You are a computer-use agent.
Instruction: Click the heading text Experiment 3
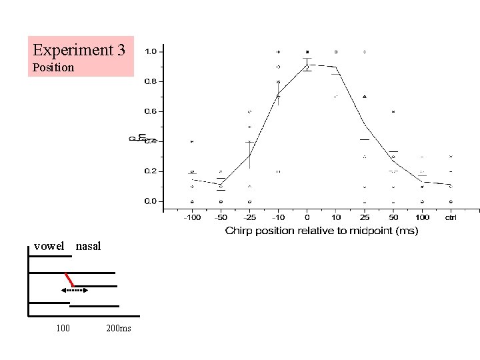tap(79, 50)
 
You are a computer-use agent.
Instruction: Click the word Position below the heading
tap(53, 67)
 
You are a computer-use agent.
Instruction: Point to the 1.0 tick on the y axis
tap(151, 51)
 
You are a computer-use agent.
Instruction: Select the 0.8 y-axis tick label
tap(151, 81)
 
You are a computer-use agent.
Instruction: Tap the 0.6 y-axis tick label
tap(151, 111)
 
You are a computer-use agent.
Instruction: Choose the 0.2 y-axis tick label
tap(151, 171)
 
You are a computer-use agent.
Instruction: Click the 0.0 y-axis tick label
tap(151, 201)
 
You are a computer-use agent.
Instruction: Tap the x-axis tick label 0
tap(307, 218)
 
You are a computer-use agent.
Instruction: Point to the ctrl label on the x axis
tap(451, 218)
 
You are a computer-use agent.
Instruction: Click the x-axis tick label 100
tap(422, 218)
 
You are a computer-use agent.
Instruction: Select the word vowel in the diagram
tap(49, 246)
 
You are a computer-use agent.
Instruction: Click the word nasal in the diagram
tap(89, 246)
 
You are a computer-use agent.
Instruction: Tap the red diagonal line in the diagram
tap(69, 279)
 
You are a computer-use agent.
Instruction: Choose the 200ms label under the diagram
tap(119, 328)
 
